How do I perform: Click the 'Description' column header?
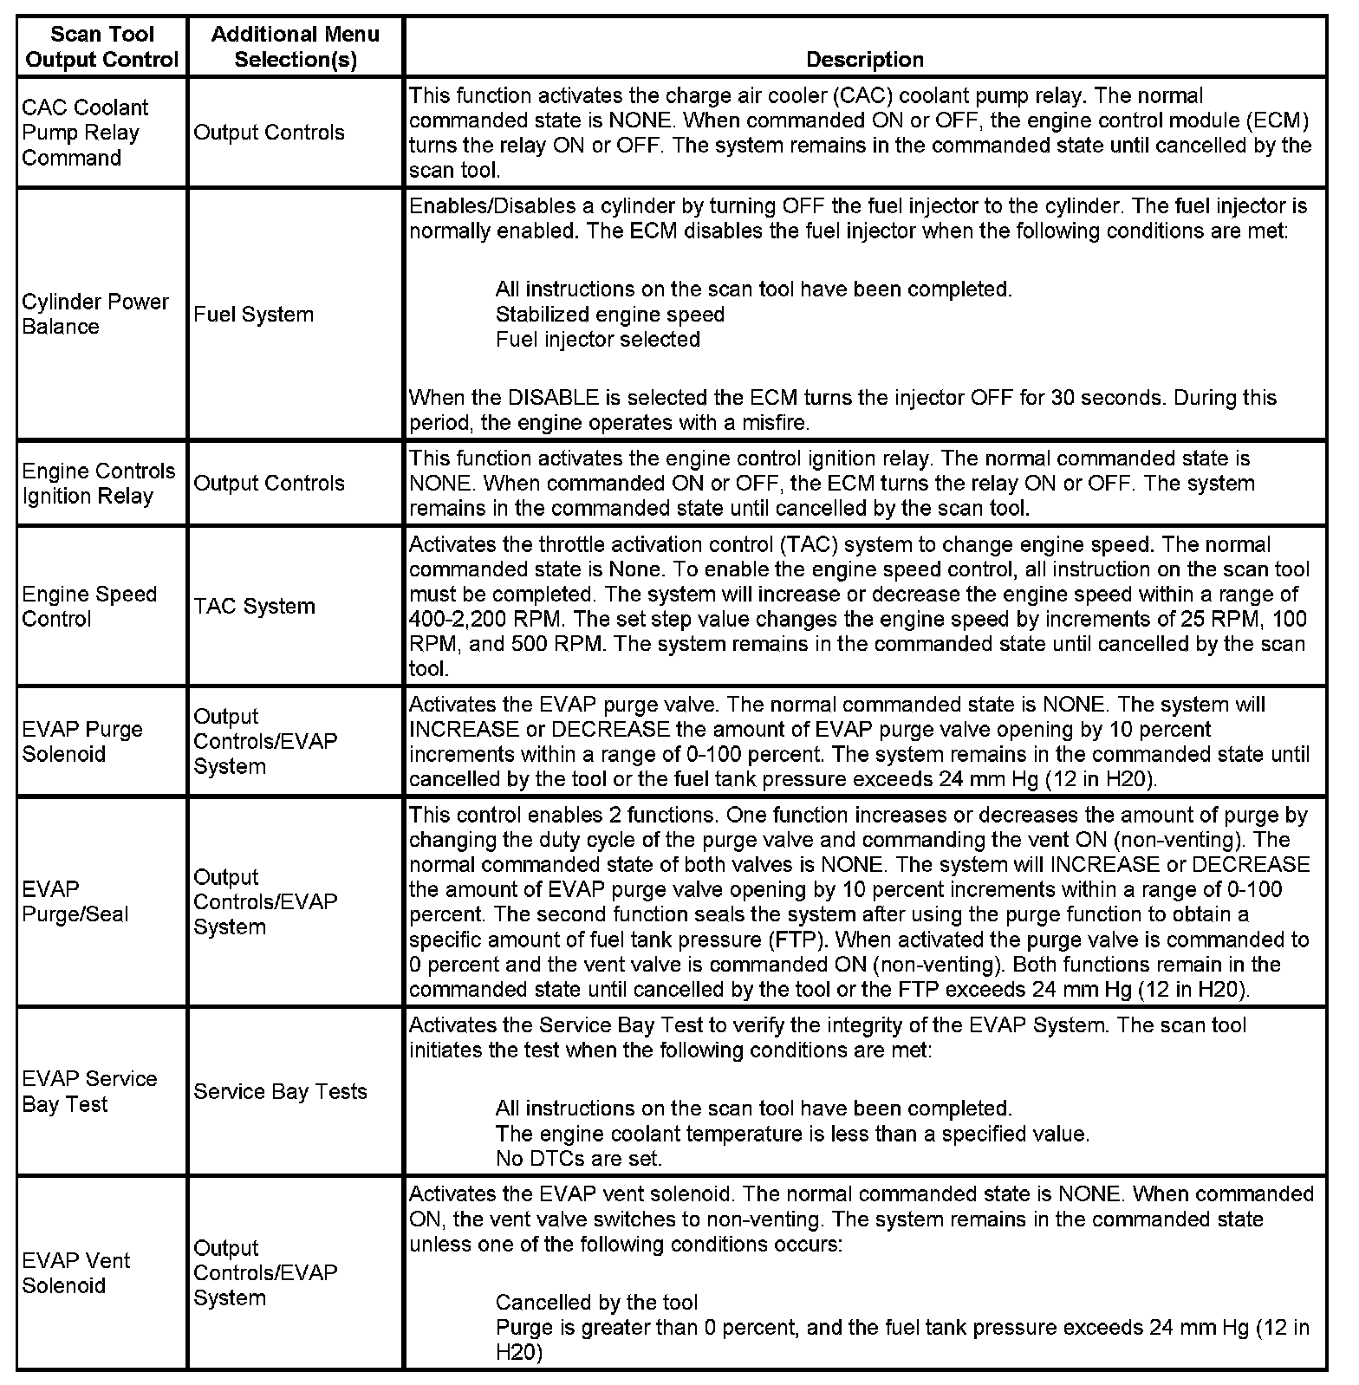click(x=864, y=59)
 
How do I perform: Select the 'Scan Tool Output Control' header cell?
click(x=101, y=47)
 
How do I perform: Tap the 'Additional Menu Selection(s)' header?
click(x=296, y=47)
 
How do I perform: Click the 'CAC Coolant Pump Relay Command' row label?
click(x=84, y=133)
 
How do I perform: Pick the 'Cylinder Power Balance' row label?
click(x=95, y=314)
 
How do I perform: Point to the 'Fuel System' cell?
click(x=253, y=314)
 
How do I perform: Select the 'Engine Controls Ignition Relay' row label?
click(x=98, y=484)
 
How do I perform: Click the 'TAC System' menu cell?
click(x=254, y=606)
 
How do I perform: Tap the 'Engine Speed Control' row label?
click(x=89, y=607)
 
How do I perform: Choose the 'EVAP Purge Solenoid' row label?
click(x=82, y=741)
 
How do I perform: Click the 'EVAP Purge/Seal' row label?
click(x=75, y=901)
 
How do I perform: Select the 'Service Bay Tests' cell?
click(x=280, y=1091)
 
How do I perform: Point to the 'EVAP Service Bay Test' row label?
click(x=89, y=1091)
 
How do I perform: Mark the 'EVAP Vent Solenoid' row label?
click(x=76, y=1272)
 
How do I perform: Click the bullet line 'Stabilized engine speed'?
click(x=609, y=314)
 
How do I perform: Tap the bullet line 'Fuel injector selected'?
click(x=597, y=339)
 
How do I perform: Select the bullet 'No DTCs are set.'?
click(x=578, y=1158)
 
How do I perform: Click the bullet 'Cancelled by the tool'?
click(x=596, y=1302)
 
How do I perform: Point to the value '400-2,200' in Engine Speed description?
click(x=452, y=619)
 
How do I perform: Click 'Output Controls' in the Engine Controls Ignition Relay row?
click(x=269, y=483)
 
